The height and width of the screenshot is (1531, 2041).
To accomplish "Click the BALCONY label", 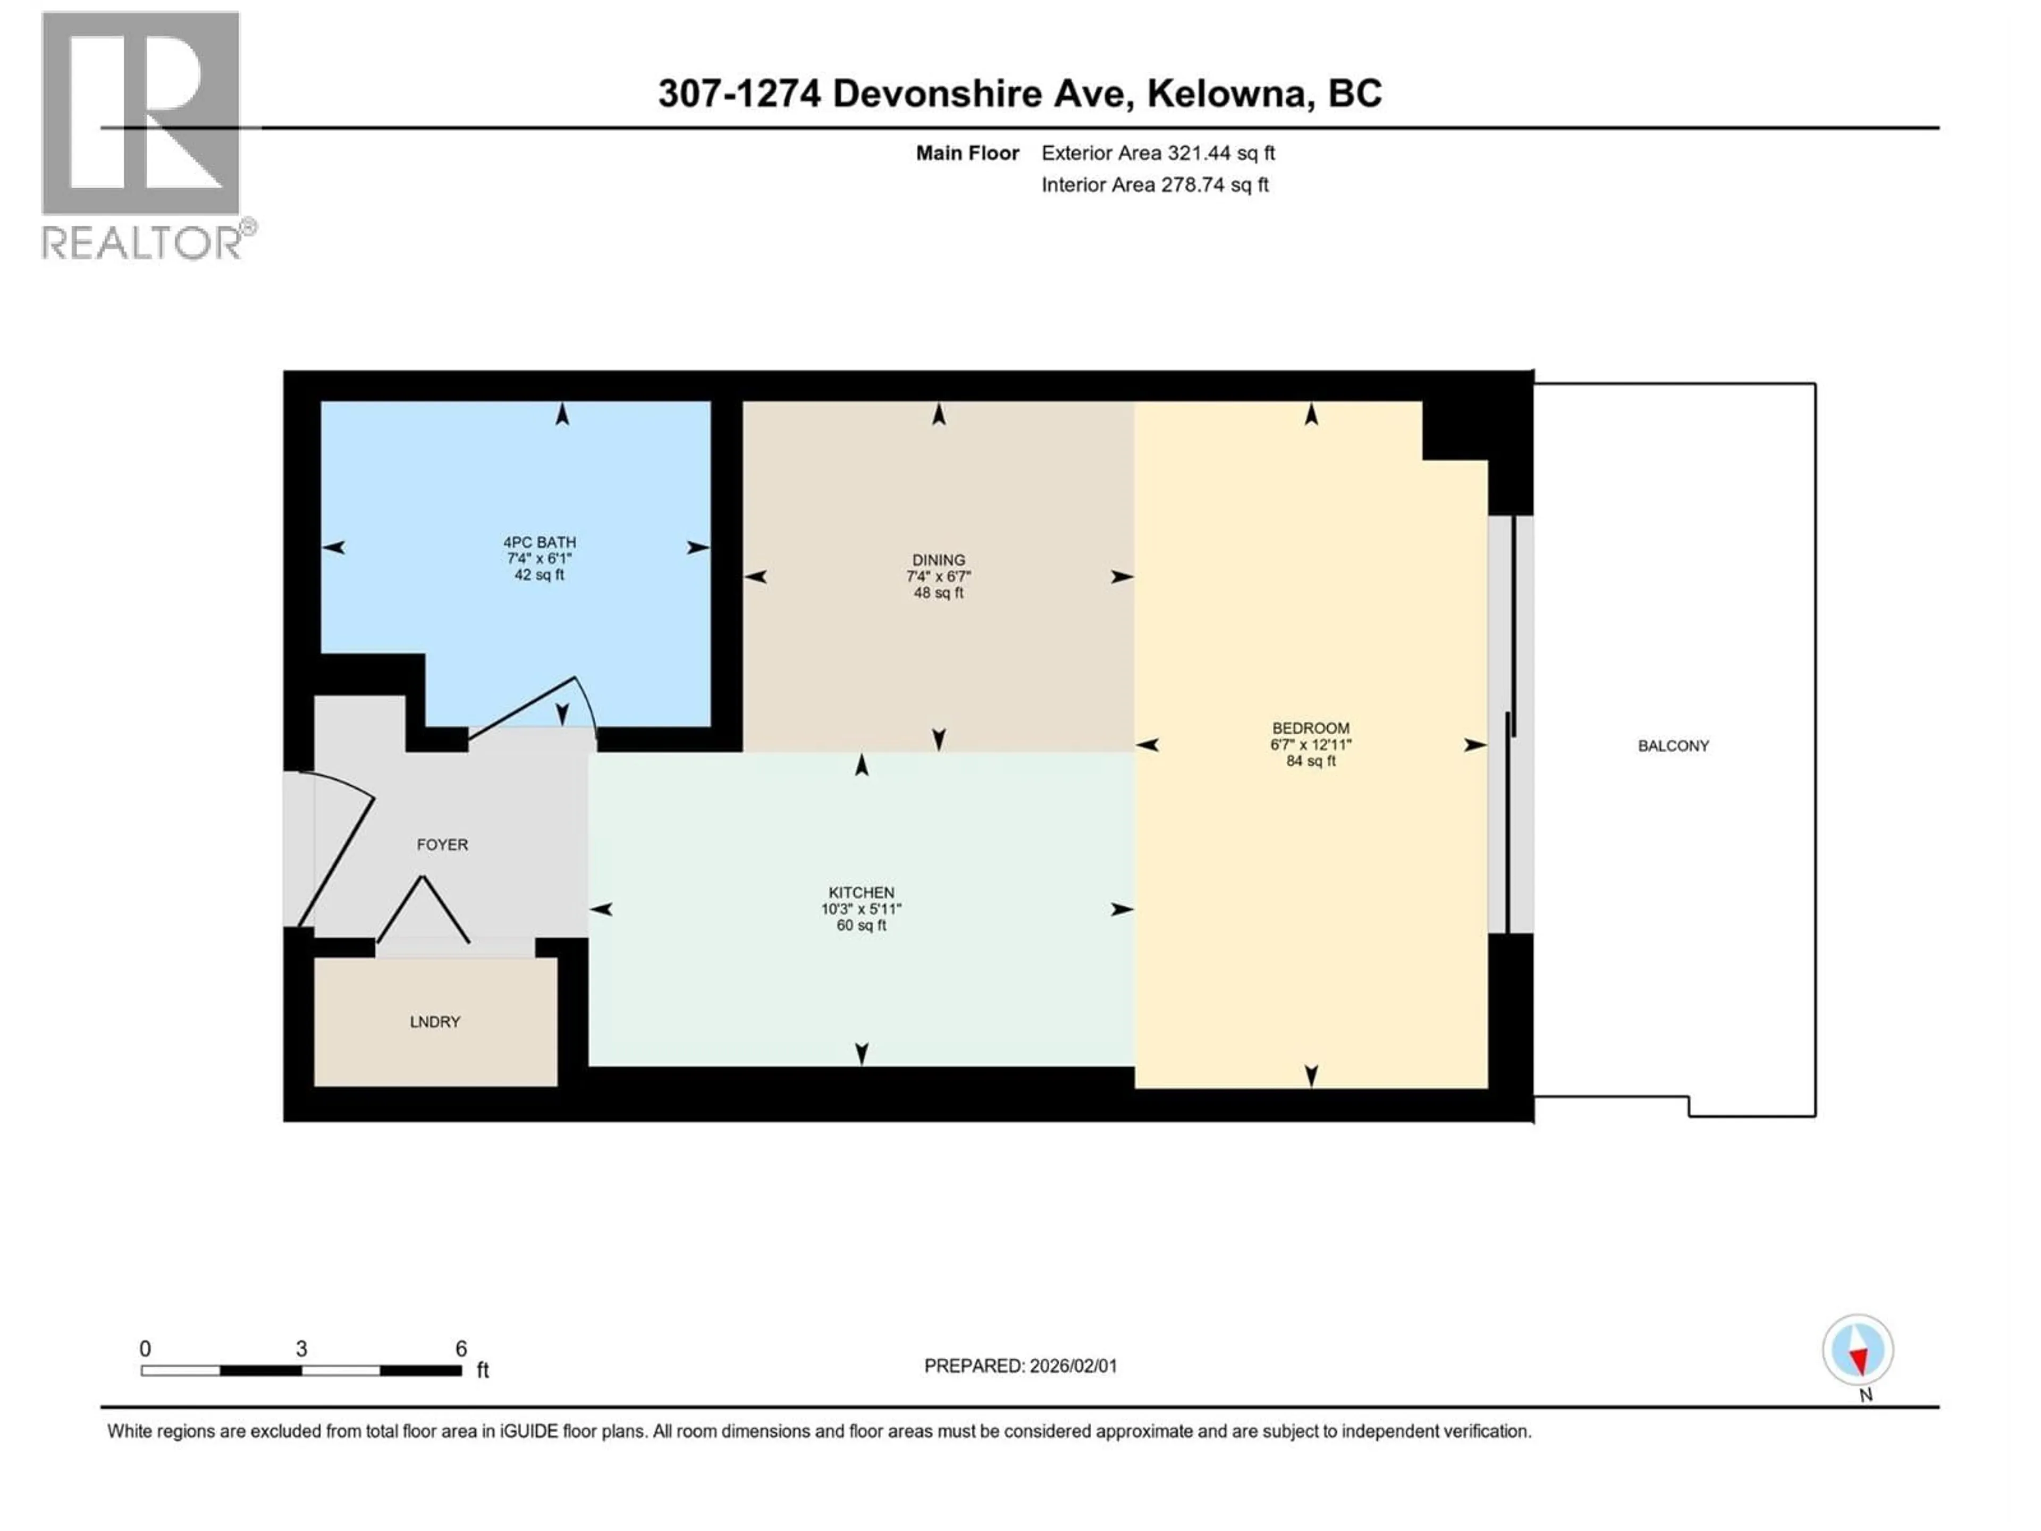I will (x=1673, y=746).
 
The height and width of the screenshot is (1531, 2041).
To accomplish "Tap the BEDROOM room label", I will (x=1310, y=728).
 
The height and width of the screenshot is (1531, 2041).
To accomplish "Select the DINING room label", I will (x=938, y=560).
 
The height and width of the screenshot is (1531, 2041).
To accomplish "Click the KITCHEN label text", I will (x=861, y=893).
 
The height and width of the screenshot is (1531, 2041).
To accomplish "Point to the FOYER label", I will (x=442, y=844).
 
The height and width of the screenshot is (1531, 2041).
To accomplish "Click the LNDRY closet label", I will (x=435, y=1022).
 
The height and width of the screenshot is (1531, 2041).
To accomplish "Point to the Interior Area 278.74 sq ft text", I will (x=1154, y=184).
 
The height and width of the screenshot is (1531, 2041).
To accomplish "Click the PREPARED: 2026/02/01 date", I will (x=1020, y=1366).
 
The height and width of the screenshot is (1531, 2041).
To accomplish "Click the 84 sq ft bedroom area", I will (x=1310, y=761).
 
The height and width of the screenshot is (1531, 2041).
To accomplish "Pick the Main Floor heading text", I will (x=967, y=153).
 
